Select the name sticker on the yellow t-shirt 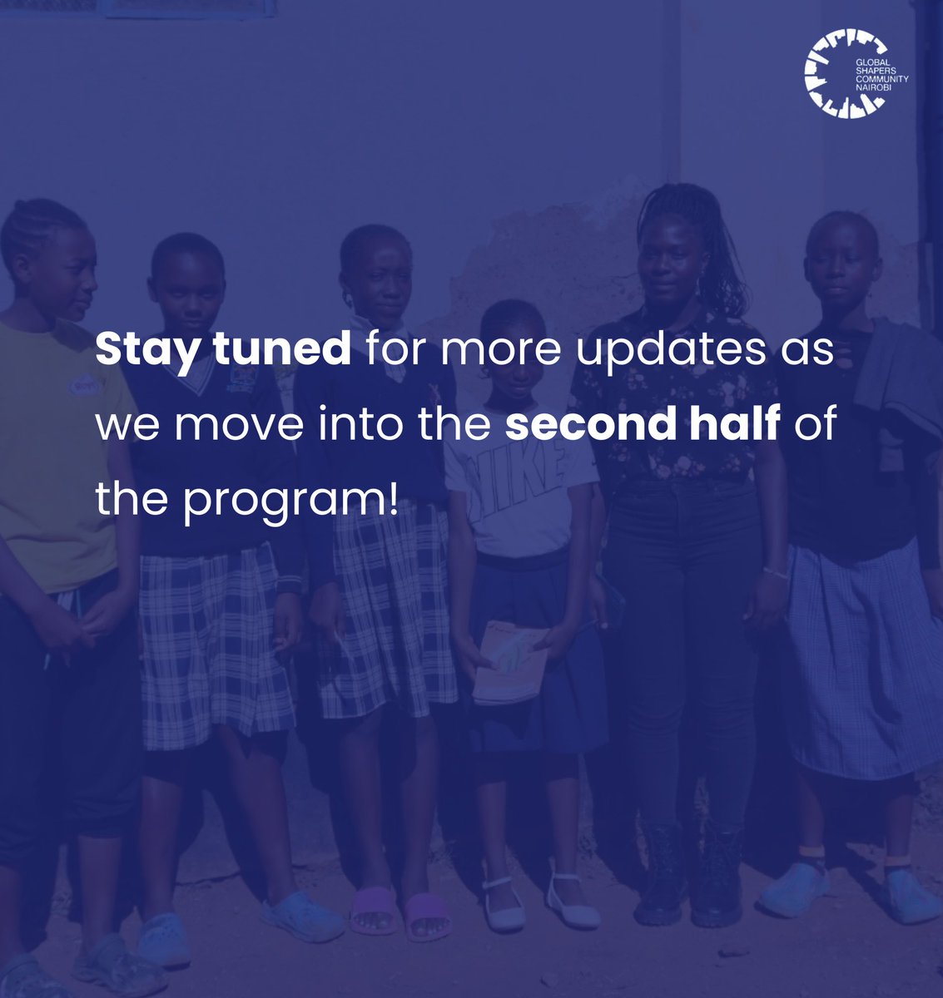pyautogui.click(x=84, y=386)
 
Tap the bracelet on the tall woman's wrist pyautogui.click(x=776, y=573)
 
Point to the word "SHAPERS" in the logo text pyautogui.click(x=874, y=71)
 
